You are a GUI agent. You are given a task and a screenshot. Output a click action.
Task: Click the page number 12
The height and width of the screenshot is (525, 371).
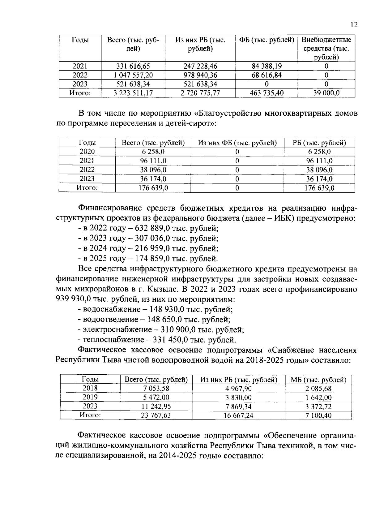tap(354, 25)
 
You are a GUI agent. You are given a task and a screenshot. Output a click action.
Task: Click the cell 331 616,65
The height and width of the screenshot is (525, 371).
tap(133, 66)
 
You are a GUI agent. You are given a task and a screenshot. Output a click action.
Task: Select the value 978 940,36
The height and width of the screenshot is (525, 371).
tap(200, 75)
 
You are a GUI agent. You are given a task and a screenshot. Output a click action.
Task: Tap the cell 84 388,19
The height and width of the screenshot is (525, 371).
tap(267, 66)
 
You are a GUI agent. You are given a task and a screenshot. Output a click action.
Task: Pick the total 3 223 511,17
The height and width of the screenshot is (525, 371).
tap(133, 93)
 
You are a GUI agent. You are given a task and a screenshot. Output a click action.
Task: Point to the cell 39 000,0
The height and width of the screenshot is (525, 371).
tap(326, 93)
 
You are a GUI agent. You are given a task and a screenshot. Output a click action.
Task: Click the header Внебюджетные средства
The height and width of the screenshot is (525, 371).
tap(326, 49)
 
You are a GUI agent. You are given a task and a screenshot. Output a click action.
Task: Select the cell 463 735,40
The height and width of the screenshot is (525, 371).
tap(267, 93)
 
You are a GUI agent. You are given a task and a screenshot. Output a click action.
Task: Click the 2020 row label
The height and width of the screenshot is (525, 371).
tap(87, 152)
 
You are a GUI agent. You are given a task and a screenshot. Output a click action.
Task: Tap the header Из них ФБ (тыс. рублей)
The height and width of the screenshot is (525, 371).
tap(237, 143)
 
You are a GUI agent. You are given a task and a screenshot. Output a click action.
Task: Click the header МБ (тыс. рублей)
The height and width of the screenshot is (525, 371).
tap(318, 380)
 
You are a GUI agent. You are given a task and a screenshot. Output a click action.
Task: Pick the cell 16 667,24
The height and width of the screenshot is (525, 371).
tap(238, 415)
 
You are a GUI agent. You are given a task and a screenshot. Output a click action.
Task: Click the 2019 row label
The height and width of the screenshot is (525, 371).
tap(90, 397)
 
